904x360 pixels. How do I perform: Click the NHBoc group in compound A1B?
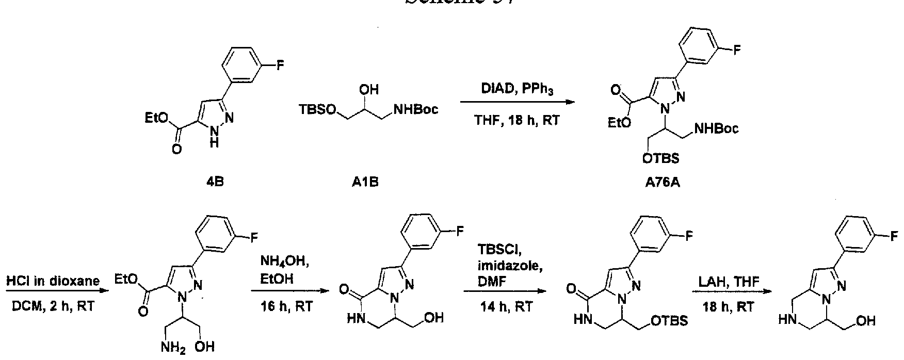[x=416, y=109]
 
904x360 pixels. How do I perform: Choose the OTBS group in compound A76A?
[x=661, y=159]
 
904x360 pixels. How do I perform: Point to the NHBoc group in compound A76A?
[x=716, y=128]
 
